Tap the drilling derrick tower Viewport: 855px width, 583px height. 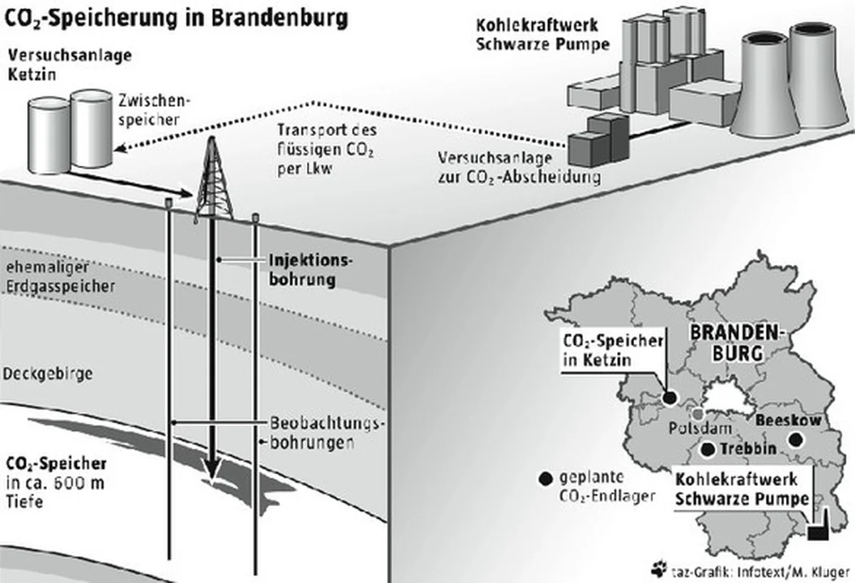tap(214, 182)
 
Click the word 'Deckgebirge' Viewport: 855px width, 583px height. tap(48, 373)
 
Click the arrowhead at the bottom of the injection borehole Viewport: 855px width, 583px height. tap(212, 471)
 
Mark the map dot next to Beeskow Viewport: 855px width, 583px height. tap(794, 441)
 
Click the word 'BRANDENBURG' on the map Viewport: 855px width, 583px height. tap(737, 343)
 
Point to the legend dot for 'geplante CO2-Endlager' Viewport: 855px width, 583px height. tap(546, 480)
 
